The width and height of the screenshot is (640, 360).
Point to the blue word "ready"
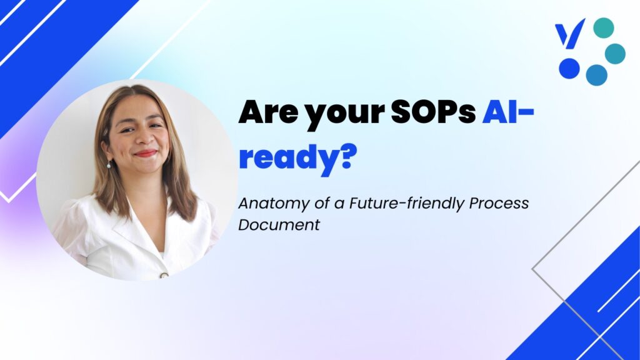[x=288, y=159]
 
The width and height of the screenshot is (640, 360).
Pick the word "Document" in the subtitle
[x=279, y=224]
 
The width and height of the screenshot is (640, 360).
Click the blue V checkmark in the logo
[x=570, y=33]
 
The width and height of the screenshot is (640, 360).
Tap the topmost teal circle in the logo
[x=603, y=27]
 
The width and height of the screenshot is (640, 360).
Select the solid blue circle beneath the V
[x=569, y=68]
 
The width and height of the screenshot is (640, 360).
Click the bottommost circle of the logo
[x=596, y=75]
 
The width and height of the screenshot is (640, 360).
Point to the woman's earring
[x=109, y=164]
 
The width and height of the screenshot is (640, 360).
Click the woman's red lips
[x=145, y=154]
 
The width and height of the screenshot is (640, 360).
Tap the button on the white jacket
[x=164, y=275]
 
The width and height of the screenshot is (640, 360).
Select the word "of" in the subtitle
[x=322, y=203]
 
